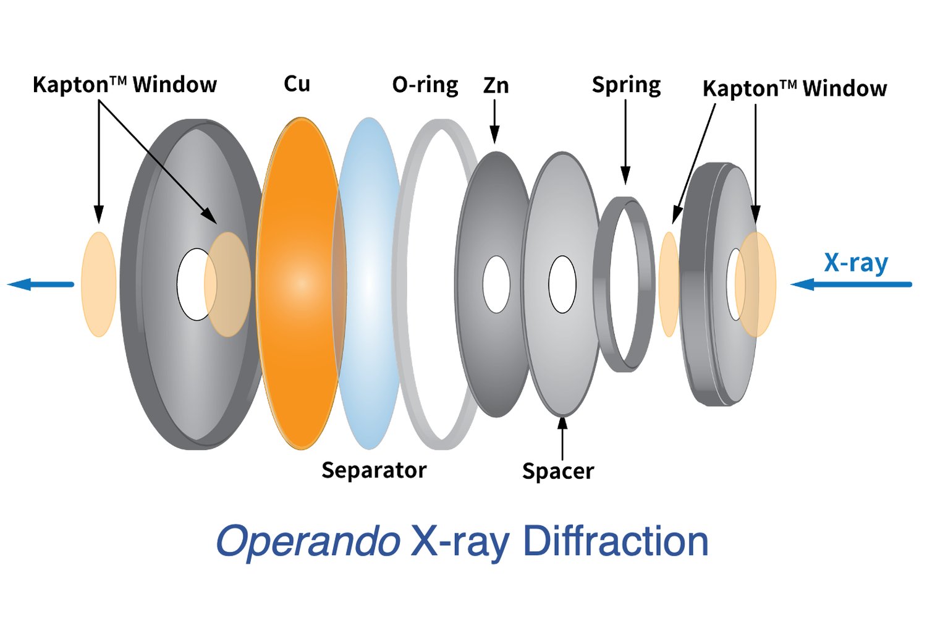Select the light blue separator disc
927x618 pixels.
pyautogui.click(x=368, y=284)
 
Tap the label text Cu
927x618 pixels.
pyautogui.click(x=297, y=83)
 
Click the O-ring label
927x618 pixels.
pyautogui.click(x=425, y=85)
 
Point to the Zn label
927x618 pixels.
pyautogui.click(x=496, y=85)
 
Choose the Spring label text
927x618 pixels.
pyautogui.click(x=626, y=85)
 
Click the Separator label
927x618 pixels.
pyautogui.click(x=374, y=470)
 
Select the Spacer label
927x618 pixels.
pyautogui.click(x=558, y=472)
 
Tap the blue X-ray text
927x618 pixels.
pyautogui.click(x=856, y=263)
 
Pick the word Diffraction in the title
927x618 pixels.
pyautogui.click(x=616, y=541)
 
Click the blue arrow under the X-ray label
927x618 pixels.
pyautogui.click(x=851, y=284)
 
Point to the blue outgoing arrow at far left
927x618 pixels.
pyautogui.click(x=41, y=284)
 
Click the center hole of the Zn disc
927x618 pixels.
pyautogui.click(x=496, y=284)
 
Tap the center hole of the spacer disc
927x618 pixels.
pyautogui.click(x=562, y=284)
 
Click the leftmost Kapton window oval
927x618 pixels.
pyautogui.click(x=98, y=284)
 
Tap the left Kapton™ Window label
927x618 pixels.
pyautogui.click(x=125, y=85)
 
